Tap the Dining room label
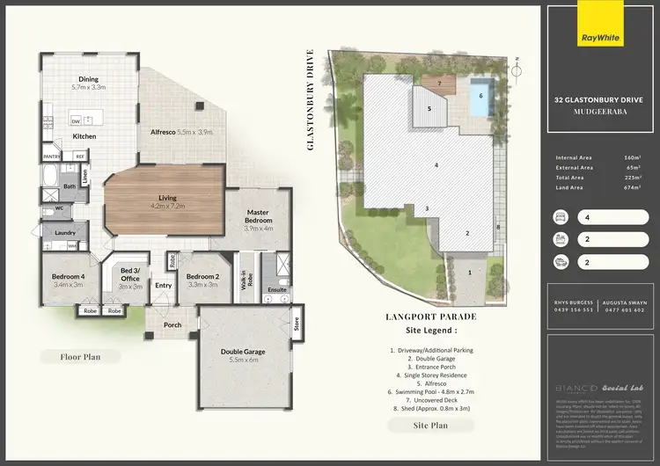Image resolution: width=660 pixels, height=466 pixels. tap(88, 77)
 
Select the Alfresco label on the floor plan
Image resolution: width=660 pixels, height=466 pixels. tap(171, 132)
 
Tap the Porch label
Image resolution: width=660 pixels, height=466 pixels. tap(172, 325)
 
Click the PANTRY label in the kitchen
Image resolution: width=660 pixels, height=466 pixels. tap(51, 157)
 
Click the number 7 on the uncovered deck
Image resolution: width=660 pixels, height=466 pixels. tap(437, 84)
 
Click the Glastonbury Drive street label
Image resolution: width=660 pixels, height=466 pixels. tap(311, 100)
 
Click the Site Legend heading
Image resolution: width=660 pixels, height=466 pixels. tap(430, 331)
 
